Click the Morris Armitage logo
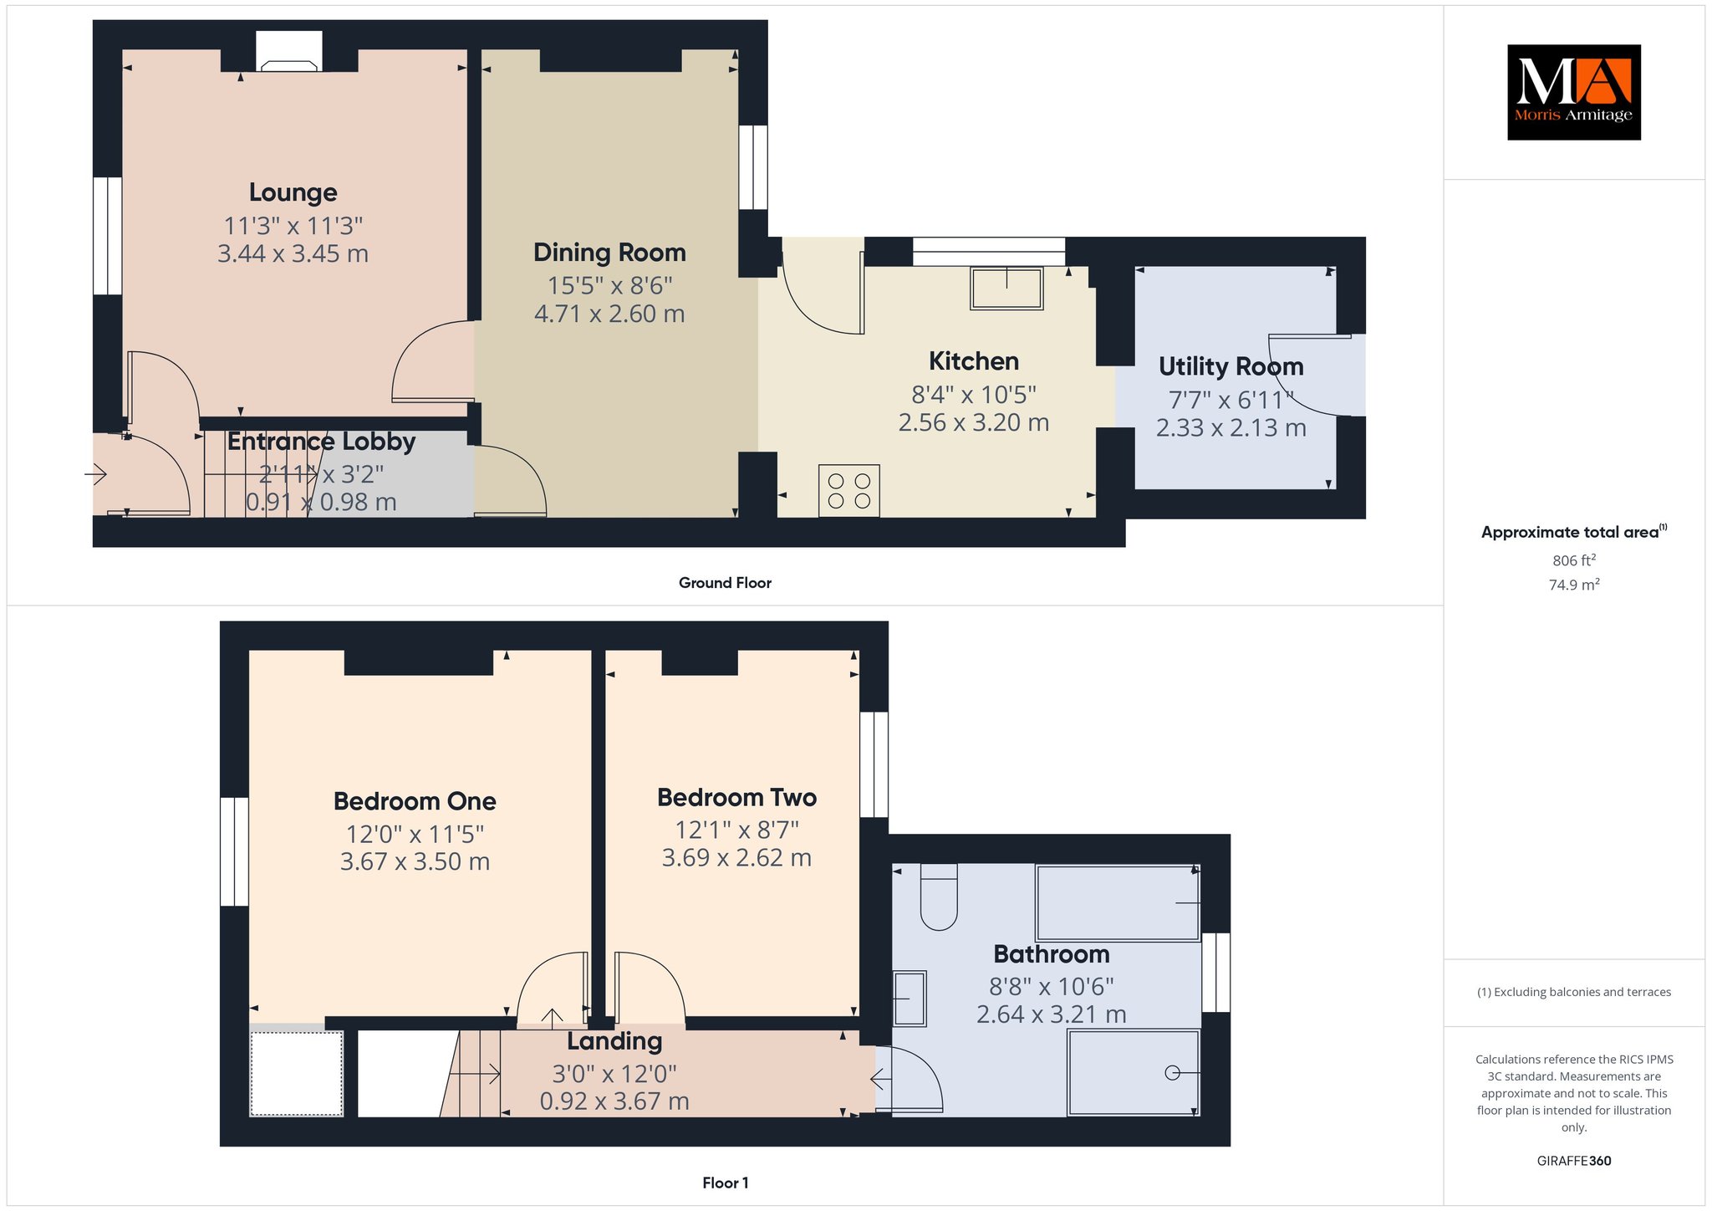[1573, 92]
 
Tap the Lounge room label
[293, 193]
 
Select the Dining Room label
[609, 253]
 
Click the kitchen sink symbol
[1006, 289]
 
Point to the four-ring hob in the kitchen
[849, 491]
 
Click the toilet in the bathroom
[939, 897]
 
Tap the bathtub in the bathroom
[1118, 903]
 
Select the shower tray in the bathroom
[1134, 1073]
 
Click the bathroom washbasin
[909, 998]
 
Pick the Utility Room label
[1230, 366]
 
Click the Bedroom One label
[415, 801]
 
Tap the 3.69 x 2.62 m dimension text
[736, 857]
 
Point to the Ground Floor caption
[725, 583]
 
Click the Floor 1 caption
[726, 1183]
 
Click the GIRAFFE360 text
[1574, 1161]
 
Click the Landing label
[614, 1041]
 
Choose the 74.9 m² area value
[1574, 585]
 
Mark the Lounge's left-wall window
[107, 236]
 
